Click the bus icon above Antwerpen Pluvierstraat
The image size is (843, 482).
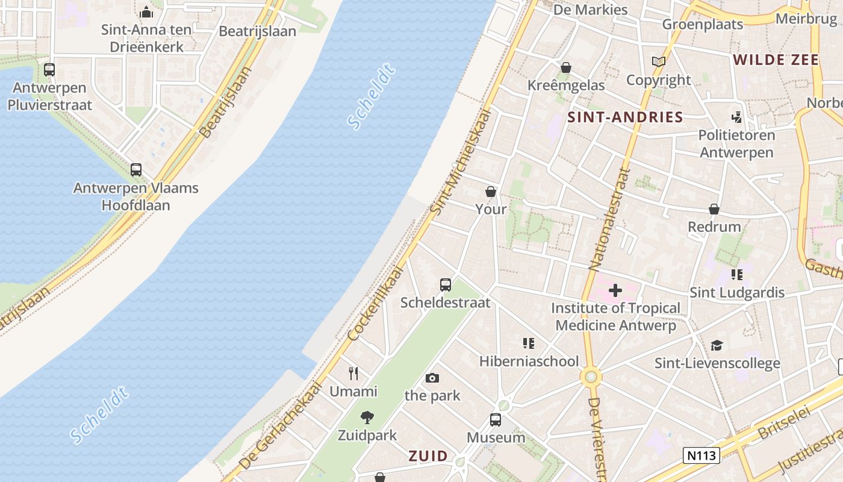[49, 70]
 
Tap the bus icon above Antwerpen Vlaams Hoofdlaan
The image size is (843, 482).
[136, 170]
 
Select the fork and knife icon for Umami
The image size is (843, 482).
[353, 374]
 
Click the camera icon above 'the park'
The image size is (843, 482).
[432, 378]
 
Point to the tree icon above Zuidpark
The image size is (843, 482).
[367, 417]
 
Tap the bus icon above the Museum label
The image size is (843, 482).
[495, 420]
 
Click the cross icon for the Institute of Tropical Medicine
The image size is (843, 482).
[615, 291]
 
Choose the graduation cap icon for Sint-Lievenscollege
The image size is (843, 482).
[717, 345]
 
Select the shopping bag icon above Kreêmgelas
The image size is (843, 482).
[565, 67]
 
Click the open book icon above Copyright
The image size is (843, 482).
[659, 62]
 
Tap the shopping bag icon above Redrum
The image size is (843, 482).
[714, 209]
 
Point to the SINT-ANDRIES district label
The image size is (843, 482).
[625, 117]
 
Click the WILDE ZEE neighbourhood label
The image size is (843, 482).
[776, 60]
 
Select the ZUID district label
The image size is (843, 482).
[428, 455]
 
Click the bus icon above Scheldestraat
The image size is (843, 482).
[446, 285]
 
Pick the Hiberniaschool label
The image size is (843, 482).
[529, 361]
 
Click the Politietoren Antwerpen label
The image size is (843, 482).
[736, 143]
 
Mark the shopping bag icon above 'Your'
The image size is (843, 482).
[491, 192]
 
